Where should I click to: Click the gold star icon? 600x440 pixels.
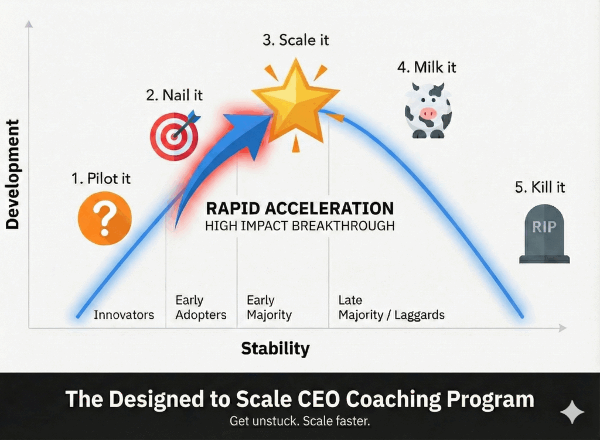tap(296, 99)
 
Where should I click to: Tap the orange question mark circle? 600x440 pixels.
tap(105, 219)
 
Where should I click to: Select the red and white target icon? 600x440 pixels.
tap(174, 137)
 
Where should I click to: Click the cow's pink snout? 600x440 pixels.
tap(428, 113)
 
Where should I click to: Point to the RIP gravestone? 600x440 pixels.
tap(544, 234)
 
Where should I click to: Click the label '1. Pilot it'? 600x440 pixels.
tap(101, 178)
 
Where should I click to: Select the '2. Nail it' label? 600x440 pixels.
tap(174, 95)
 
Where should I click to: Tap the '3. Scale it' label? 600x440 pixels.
tap(295, 40)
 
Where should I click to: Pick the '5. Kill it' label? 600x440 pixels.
tap(540, 187)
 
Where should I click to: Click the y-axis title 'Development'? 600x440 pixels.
tap(12, 174)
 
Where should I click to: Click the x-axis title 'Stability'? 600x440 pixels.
tap(275, 349)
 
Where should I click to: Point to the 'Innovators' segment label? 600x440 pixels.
tap(124, 315)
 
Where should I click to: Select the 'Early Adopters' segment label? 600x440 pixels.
tap(200, 308)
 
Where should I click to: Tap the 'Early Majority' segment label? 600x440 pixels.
tap(269, 308)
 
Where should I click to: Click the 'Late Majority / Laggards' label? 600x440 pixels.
tap(391, 308)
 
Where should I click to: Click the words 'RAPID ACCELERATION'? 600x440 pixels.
tap(299, 208)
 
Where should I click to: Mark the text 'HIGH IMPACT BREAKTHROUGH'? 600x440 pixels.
tap(299, 226)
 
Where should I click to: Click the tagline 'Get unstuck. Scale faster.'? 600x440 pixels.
tap(299, 421)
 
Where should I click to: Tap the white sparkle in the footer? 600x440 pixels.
tap(572, 412)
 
